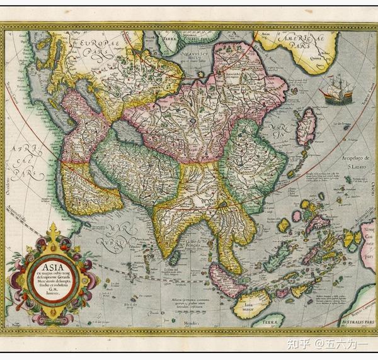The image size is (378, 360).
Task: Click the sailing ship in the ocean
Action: tap(337, 89)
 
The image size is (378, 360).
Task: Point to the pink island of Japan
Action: tap(306, 125)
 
